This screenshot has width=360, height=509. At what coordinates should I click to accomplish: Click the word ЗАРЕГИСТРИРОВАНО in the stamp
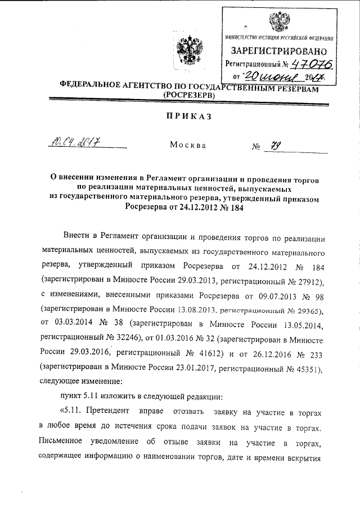pyautogui.click(x=280, y=51)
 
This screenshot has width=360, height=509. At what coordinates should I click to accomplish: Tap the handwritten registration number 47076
pyautogui.click(x=309, y=65)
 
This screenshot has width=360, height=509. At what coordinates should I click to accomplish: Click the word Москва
pyautogui.click(x=187, y=145)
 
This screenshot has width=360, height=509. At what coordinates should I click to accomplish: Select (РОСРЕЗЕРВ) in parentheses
pyautogui.click(x=187, y=96)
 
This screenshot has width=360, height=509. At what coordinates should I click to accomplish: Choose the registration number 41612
pyautogui.click(x=206, y=354)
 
